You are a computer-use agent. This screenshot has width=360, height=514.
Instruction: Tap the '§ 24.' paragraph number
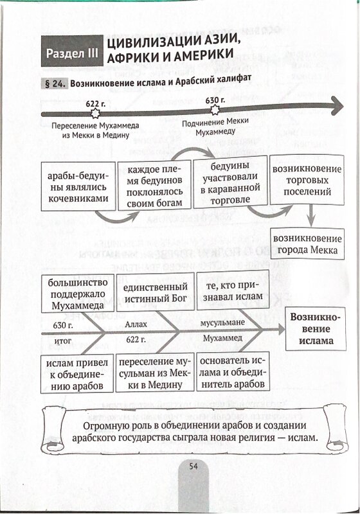(55, 84)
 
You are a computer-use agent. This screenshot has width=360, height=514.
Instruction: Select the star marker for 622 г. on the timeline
(95, 113)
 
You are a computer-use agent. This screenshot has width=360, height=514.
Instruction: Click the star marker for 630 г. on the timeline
(215, 109)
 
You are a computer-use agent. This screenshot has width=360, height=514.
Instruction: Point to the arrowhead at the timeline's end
(336, 105)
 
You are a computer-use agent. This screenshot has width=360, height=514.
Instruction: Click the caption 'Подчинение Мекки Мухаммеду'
(215, 127)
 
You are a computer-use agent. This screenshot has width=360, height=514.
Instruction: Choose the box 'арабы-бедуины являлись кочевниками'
(78, 186)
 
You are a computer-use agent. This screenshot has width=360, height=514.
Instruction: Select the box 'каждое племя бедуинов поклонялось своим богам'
(154, 185)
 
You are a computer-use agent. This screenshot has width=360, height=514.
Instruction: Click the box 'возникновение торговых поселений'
(307, 180)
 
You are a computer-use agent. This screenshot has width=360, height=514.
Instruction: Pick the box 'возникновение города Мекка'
(307, 244)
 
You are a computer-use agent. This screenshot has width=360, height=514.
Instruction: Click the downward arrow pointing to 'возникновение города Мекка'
(310, 216)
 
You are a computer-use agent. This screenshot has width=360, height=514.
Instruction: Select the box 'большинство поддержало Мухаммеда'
(78, 294)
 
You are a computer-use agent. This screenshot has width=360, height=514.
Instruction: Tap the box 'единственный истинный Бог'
(156, 292)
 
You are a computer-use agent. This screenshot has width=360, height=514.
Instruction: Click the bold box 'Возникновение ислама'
(316, 329)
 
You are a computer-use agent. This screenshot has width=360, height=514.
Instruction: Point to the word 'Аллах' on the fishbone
(136, 324)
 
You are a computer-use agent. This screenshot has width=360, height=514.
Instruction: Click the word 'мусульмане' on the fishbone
(222, 323)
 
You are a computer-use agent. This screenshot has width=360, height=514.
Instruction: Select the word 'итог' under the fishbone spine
(62, 341)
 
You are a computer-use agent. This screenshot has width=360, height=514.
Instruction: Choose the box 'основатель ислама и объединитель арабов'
(233, 372)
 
